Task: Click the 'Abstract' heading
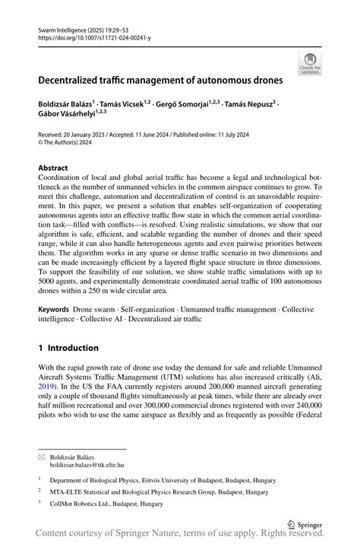52,168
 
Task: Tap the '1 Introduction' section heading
68,348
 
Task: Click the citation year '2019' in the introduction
46,385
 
